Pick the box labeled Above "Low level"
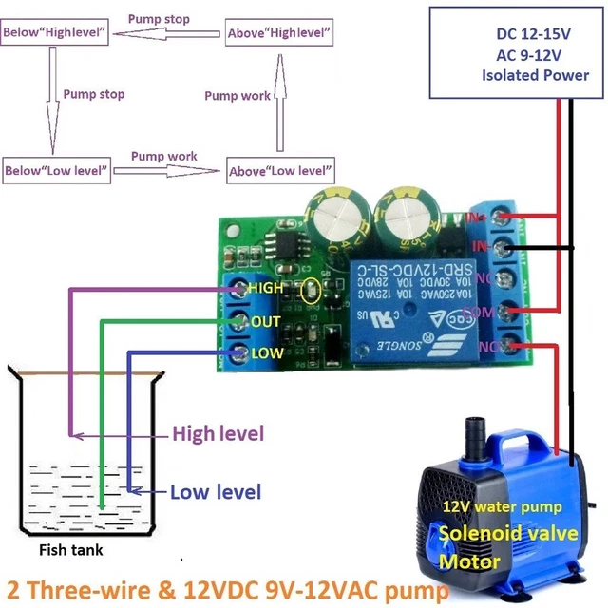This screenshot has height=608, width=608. point(280,171)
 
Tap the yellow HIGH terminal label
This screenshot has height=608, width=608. point(265,288)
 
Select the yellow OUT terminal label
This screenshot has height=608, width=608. point(265,321)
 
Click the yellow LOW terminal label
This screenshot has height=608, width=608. point(265,353)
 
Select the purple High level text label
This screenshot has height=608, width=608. point(217,434)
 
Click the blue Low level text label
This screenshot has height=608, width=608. point(215,492)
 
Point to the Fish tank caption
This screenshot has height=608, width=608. point(71,549)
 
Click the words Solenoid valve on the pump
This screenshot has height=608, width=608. point(508,533)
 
